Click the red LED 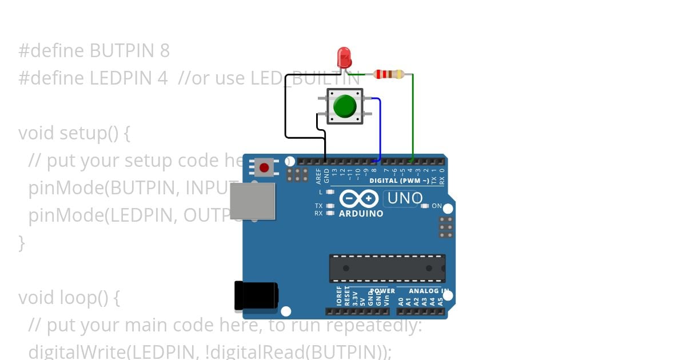point(344,57)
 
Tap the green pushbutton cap point(345,106)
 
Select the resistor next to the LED point(389,74)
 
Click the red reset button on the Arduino point(264,167)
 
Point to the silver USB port point(252,201)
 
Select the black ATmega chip point(387,269)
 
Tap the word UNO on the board point(405,199)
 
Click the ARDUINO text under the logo point(361,214)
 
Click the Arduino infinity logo point(359,199)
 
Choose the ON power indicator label point(437,206)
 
